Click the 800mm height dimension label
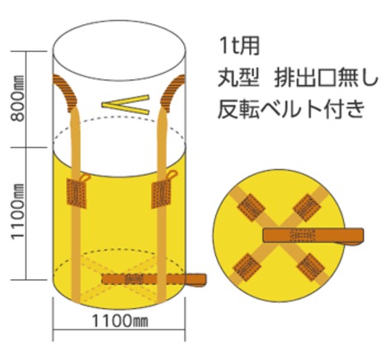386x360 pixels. point(18,98)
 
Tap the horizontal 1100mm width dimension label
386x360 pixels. point(120,321)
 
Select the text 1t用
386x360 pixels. point(238,46)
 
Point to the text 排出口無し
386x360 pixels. point(326,78)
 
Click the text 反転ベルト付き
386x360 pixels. point(291,109)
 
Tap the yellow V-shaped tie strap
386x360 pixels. point(125,105)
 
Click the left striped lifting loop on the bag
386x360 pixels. point(65,92)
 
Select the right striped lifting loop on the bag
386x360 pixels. point(172,92)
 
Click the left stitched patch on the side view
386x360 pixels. point(77,193)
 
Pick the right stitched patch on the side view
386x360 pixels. point(161,194)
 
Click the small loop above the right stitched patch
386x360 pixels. point(172,175)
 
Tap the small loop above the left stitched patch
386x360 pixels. point(86,178)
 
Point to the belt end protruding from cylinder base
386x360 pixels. point(195,280)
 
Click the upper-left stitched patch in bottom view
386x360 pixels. point(251,207)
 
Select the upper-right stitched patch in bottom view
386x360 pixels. point(307,207)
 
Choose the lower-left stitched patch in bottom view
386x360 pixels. point(247,268)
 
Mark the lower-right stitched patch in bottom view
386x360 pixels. point(311,268)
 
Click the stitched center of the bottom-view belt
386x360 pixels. point(303,235)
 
